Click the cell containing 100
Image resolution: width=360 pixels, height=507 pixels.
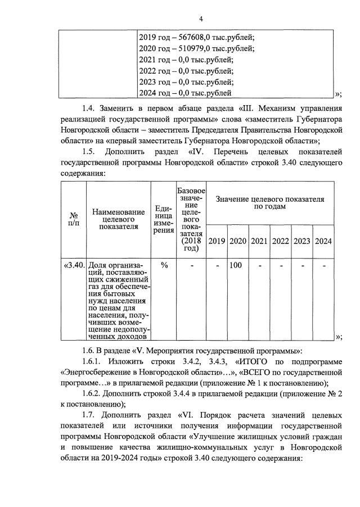pos(236,265)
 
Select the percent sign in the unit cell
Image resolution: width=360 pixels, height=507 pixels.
pos(164,265)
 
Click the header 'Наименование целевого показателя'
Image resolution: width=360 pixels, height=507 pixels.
pos(119,219)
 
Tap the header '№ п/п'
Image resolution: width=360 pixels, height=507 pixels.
pos(73,219)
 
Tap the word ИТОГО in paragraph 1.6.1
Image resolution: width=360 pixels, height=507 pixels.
pos(255,361)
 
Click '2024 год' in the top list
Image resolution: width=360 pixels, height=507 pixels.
pos(155,93)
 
